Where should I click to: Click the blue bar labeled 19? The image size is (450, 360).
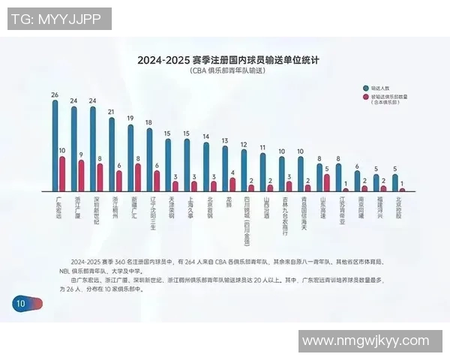pyautogui.click(x=130, y=157)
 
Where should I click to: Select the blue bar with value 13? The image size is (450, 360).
pyautogui.click(x=225, y=169)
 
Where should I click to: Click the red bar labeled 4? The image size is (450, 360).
pyautogui.click(x=232, y=184)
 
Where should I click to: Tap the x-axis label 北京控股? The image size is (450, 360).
pyautogui.click(x=399, y=205)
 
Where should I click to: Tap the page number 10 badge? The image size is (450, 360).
pyautogui.click(x=19, y=304)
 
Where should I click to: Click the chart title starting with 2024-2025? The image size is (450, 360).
pyautogui.click(x=224, y=59)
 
